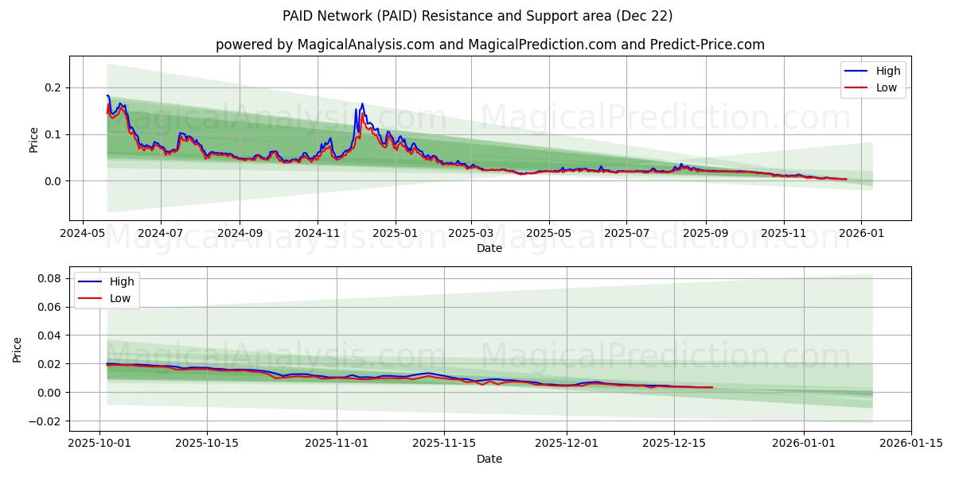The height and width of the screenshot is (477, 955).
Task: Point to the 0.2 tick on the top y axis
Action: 54,87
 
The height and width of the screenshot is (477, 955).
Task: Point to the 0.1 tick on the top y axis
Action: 54,134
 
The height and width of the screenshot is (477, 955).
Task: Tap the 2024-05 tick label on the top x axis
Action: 83,235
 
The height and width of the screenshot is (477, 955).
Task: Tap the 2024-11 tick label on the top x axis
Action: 318,235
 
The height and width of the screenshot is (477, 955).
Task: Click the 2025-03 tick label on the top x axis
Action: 471,235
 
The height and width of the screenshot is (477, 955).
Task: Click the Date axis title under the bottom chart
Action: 489,459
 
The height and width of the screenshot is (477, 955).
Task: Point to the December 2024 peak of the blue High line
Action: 362,103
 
